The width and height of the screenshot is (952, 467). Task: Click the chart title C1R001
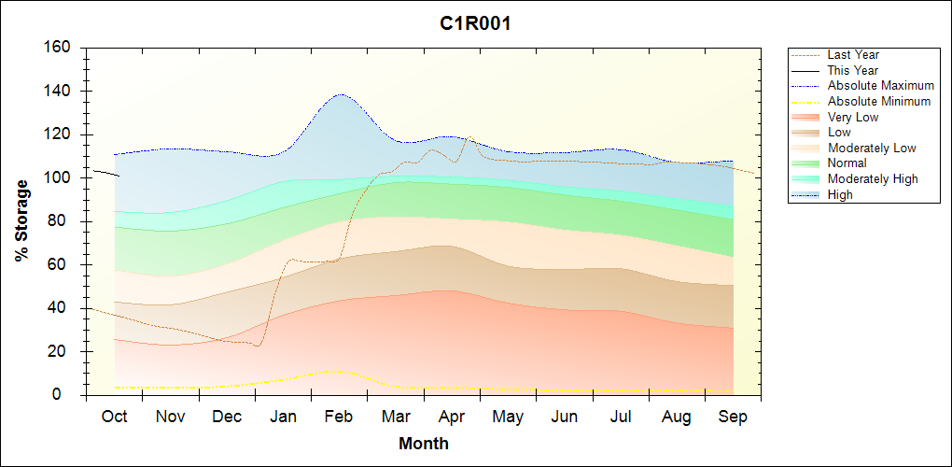(475, 24)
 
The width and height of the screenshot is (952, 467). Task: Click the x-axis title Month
(424, 444)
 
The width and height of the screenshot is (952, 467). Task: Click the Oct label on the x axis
(114, 417)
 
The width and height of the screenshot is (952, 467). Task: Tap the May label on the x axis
(508, 417)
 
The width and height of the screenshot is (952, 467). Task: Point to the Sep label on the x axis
(733, 417)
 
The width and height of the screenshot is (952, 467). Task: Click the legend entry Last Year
(853, 55)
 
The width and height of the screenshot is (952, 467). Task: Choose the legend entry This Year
(853, 70)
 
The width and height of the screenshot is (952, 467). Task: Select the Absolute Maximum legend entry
(880, 86)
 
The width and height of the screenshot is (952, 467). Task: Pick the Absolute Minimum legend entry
(879, 102)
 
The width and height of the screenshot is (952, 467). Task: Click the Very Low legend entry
(853, 117)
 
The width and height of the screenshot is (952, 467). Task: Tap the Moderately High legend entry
(873, 179)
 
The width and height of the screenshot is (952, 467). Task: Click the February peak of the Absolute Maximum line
(340, 94)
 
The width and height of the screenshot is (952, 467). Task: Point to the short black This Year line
(105, 173)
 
